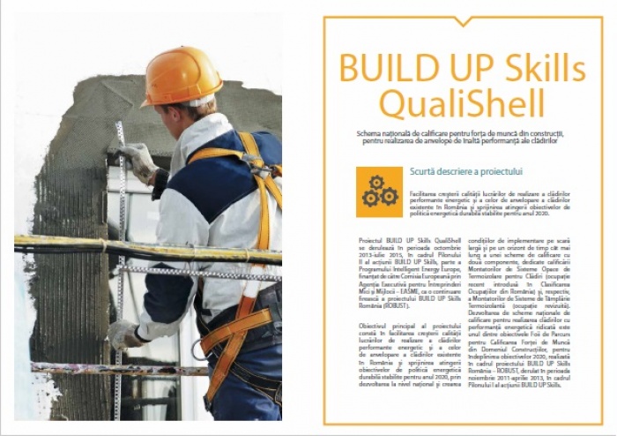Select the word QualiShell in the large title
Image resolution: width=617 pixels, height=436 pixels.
point(462,104)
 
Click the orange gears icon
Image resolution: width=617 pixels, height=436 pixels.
point(379,192)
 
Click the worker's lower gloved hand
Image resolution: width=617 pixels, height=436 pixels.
point(123,334)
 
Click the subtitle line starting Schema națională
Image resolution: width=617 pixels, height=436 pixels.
point(461,133)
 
